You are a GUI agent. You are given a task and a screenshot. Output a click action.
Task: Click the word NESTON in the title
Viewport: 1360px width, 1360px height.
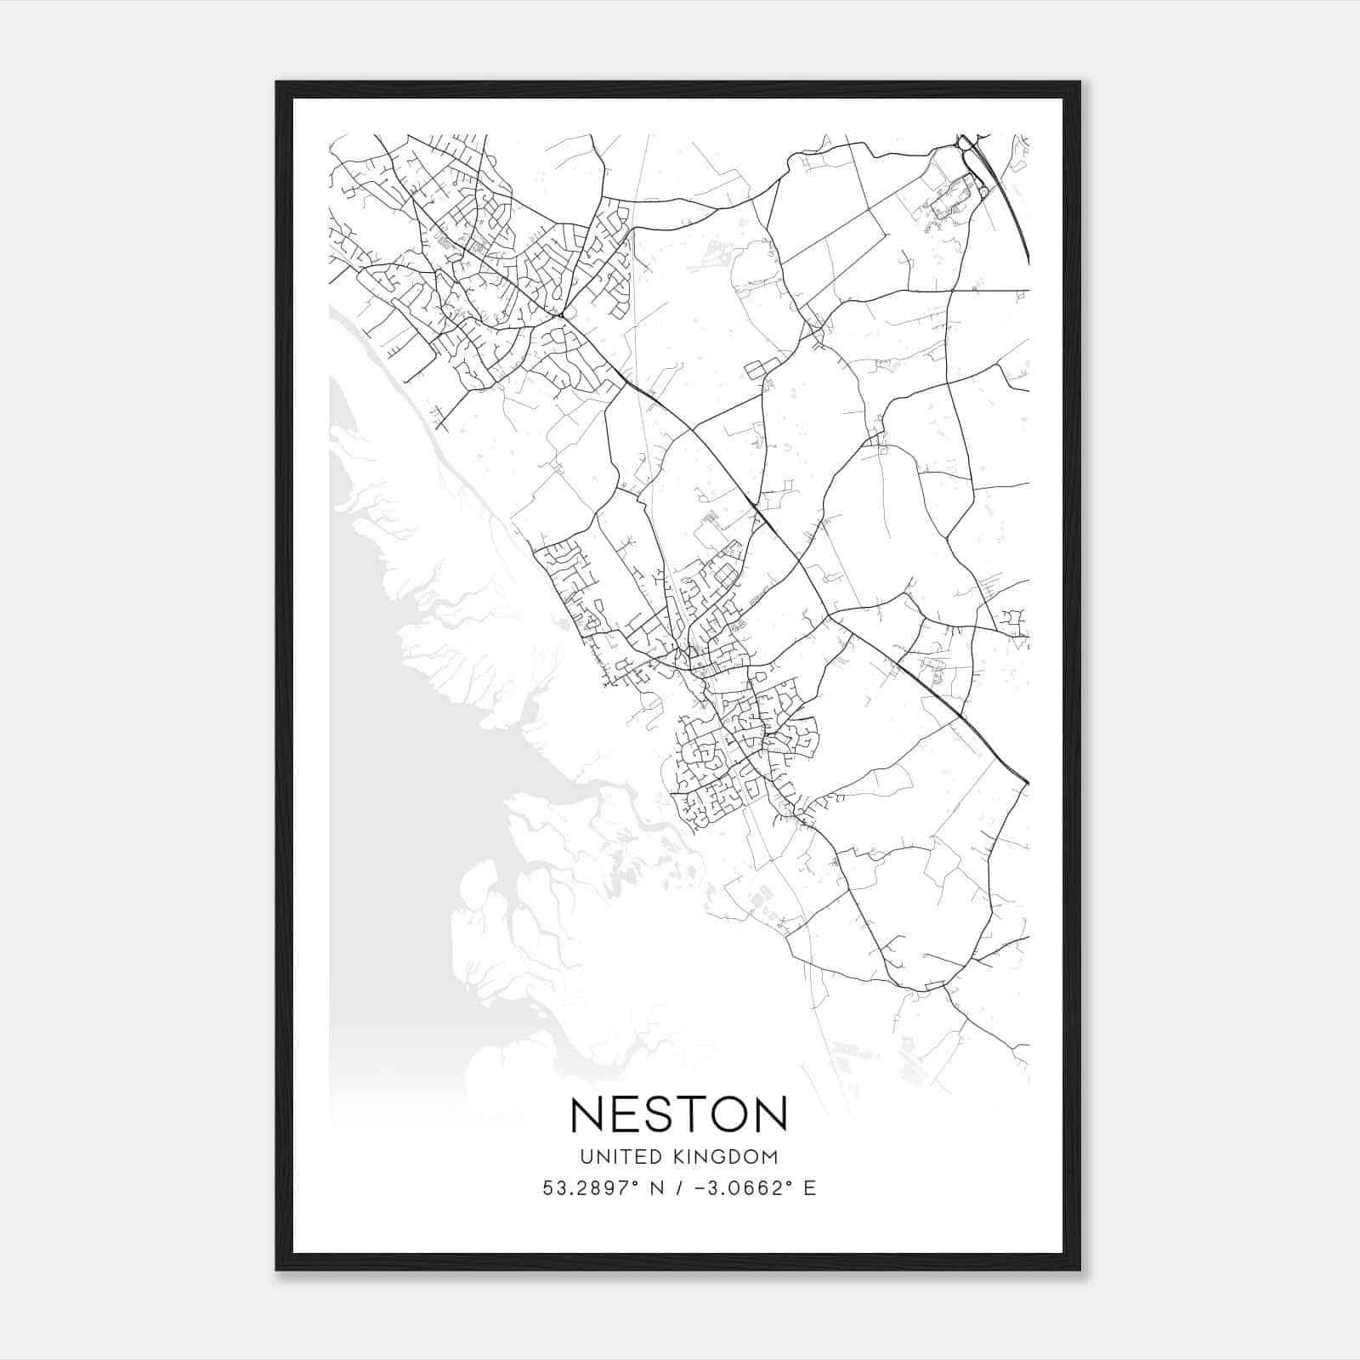[679, 1113]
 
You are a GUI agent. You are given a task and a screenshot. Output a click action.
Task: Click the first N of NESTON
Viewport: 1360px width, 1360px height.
[588, 1113]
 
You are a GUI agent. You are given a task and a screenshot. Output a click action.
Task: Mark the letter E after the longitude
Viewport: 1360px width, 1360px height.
[810, 1188]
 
